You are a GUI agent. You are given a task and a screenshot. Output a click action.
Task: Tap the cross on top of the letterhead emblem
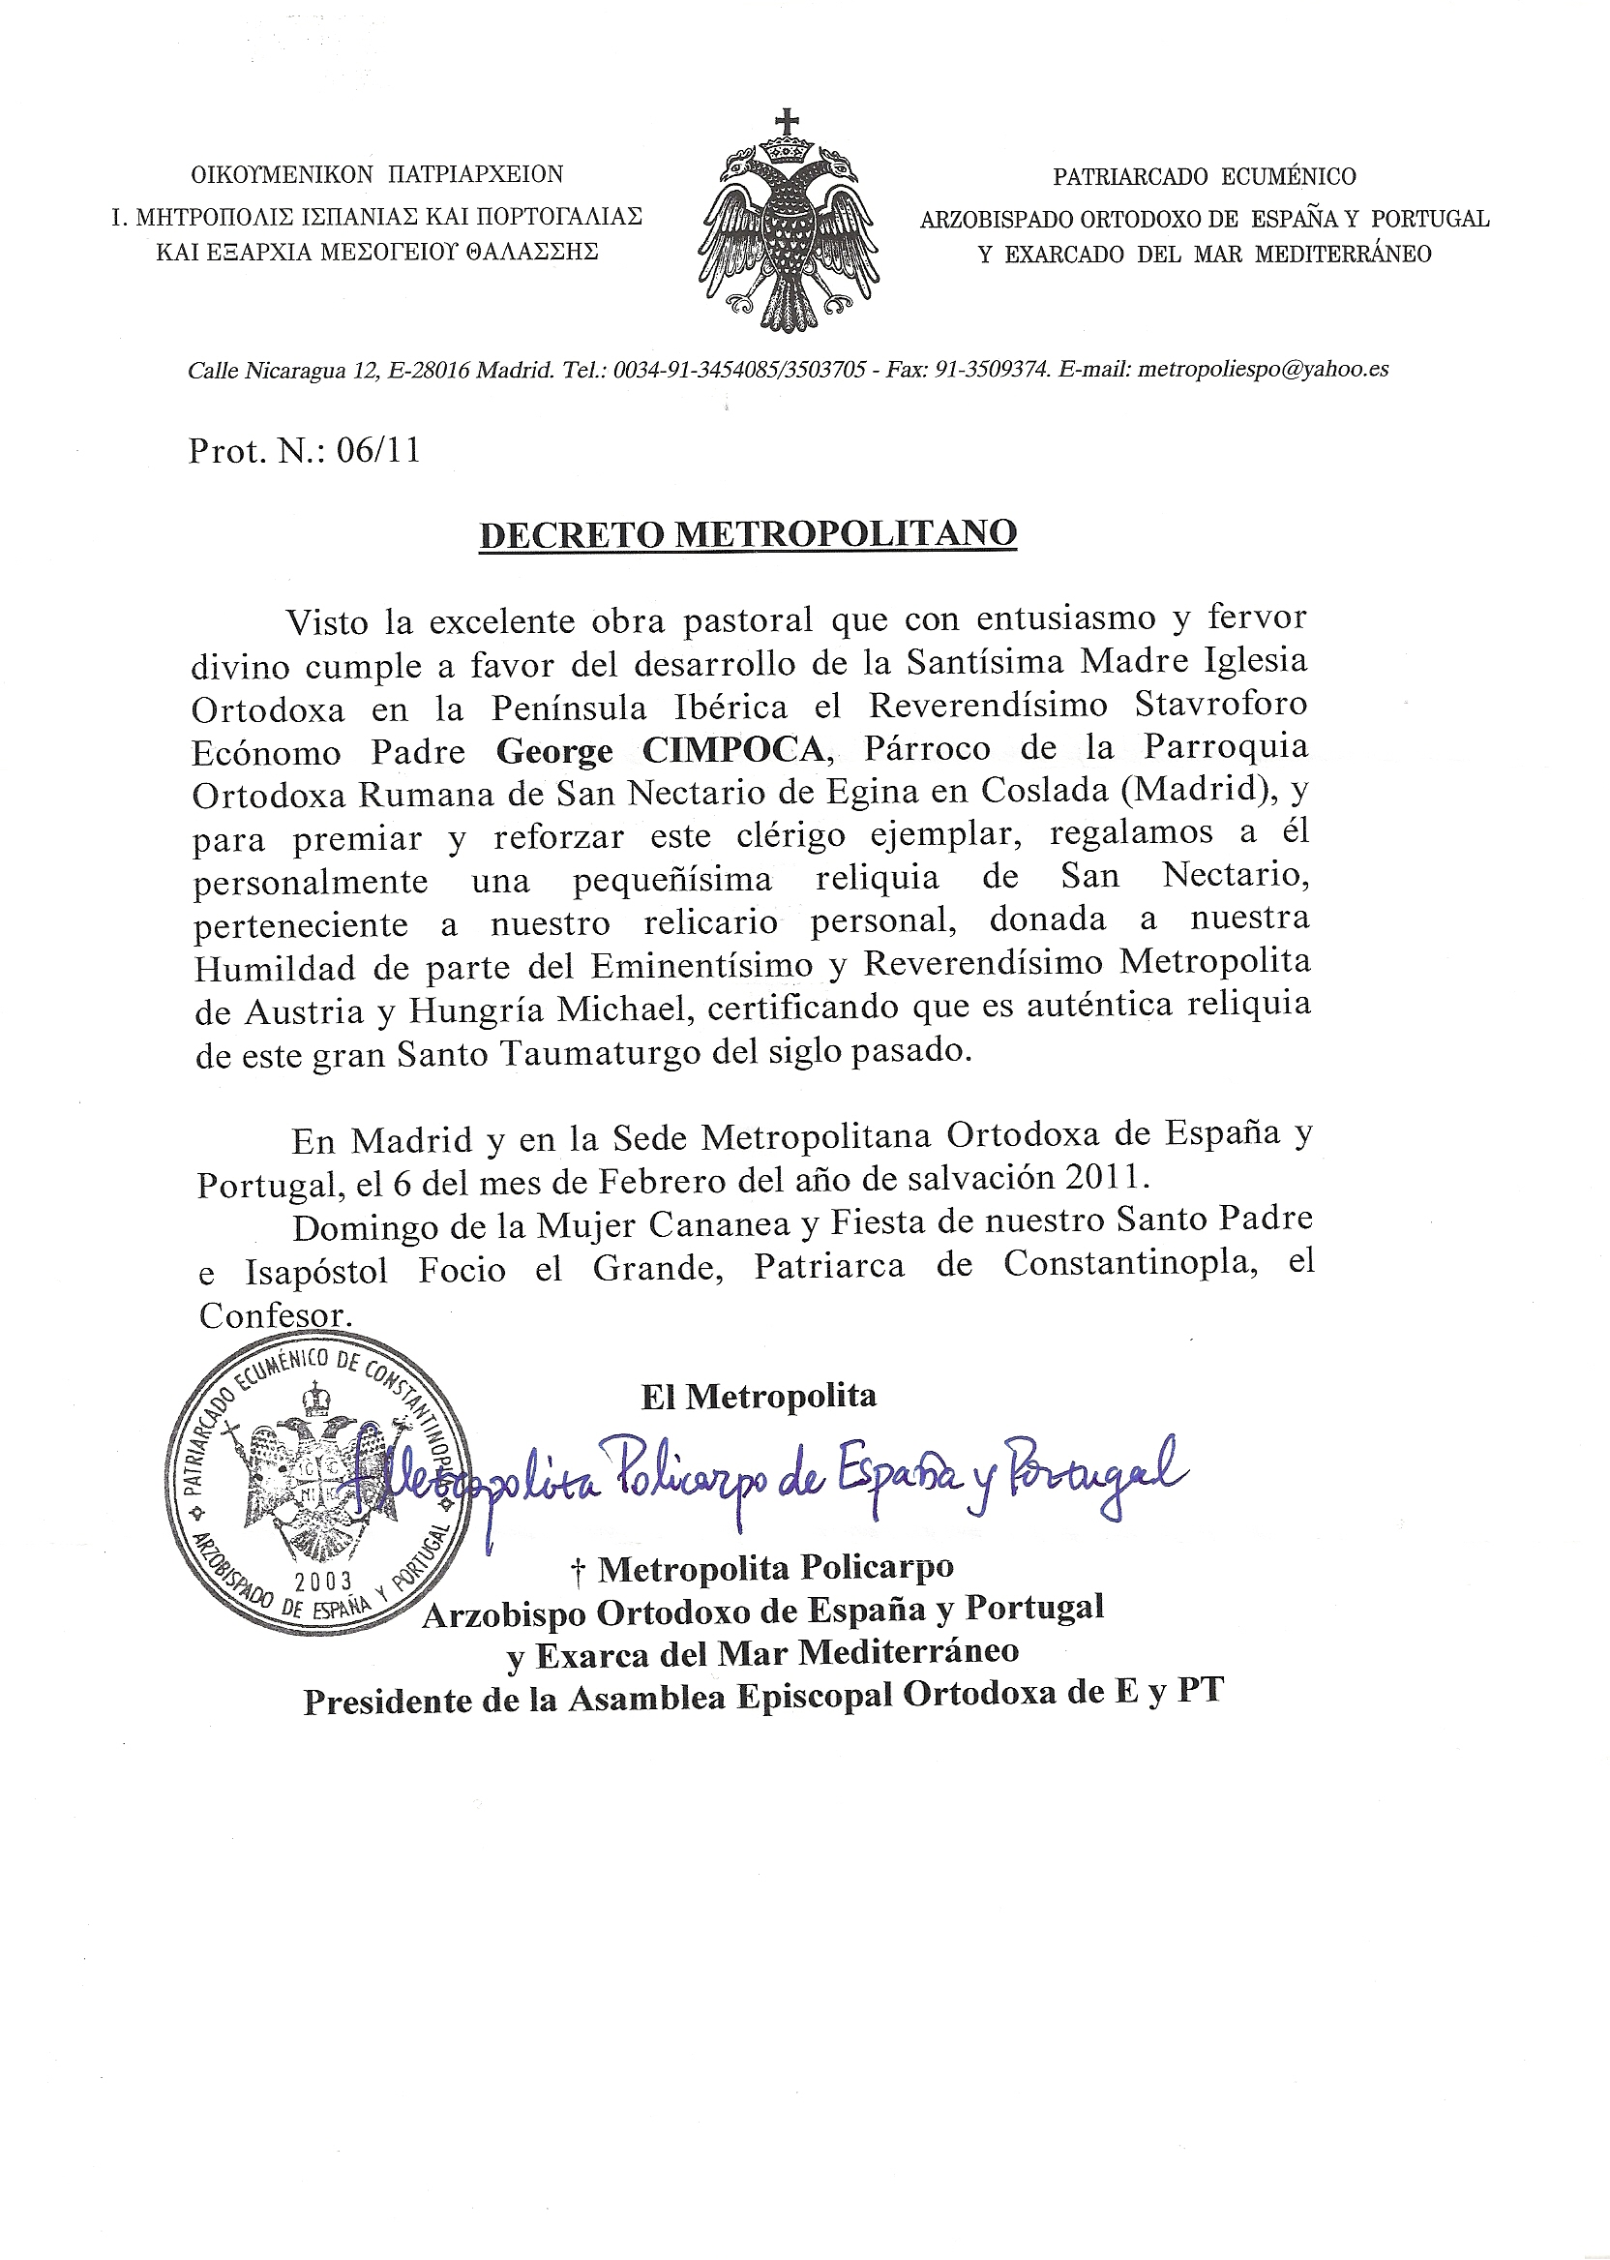(x=788, y=122)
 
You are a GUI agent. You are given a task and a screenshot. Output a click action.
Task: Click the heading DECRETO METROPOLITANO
(x=748, y=533)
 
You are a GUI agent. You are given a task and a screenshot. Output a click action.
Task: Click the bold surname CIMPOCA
(x=733, y=750)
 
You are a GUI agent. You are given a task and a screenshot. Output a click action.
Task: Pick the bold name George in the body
(x=554, y=751)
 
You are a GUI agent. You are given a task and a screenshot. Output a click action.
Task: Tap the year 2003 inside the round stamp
(x=323, y=1581)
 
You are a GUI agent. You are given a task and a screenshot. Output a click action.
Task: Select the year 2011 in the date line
(x=1105, y=1177)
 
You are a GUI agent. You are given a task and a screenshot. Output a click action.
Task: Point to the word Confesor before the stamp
(x=275, y=1316)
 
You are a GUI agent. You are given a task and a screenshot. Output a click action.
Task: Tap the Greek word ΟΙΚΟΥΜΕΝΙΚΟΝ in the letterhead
(x=282, y=174)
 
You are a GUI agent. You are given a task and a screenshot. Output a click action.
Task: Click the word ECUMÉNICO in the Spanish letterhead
(x=1288, y=176)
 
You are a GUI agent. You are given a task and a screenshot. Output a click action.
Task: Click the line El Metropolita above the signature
(x=759, y=1397)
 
